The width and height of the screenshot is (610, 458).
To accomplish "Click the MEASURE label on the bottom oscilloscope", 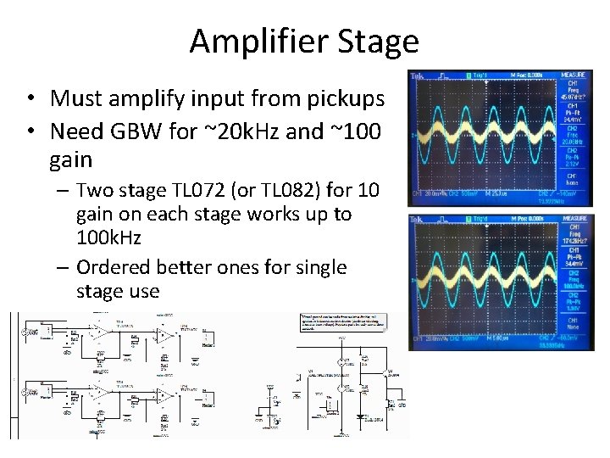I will click(579, 220).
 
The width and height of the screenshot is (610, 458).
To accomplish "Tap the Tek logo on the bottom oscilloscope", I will click(417, 220).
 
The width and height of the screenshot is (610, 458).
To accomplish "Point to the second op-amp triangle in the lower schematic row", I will click(163, 394).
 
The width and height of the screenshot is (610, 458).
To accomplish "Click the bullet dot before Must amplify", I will click(30, 99).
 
